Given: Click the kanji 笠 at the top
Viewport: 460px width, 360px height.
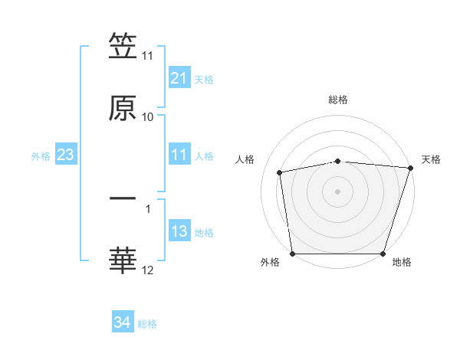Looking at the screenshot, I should point(123,47).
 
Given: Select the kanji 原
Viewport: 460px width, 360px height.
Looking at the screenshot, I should point(123,108).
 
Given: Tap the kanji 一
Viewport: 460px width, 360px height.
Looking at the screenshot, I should point(123,198).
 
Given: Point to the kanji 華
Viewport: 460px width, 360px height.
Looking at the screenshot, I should point(123,261).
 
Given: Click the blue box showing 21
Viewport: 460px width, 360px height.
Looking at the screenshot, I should point(179,78).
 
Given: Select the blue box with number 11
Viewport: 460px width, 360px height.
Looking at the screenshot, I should point(179,155).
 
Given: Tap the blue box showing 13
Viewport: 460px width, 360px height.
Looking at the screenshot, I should point(179,232).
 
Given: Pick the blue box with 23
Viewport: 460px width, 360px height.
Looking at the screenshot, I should point(66,155).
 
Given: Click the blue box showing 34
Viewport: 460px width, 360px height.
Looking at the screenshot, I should point(123,323).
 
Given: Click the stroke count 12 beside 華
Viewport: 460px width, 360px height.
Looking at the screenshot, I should point(148,270).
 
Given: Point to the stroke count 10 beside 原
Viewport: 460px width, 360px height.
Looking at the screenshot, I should point(148,116).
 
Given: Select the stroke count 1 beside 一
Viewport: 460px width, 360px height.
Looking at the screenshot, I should point(148,208).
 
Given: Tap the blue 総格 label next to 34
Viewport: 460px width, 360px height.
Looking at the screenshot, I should point(148,324).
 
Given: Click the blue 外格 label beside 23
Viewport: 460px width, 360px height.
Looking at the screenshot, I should point(41,156).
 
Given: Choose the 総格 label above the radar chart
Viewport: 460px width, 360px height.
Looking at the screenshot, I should point(338,100).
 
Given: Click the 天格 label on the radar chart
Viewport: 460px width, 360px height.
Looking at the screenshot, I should point(431,159).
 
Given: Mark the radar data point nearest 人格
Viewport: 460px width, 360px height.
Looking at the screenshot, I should point(281,172).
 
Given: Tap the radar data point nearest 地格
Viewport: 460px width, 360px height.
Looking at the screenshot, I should point(383,254).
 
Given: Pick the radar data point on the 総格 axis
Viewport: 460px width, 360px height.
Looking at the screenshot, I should point(338,161).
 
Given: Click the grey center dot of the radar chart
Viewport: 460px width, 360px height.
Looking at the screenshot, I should point(338,191).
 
